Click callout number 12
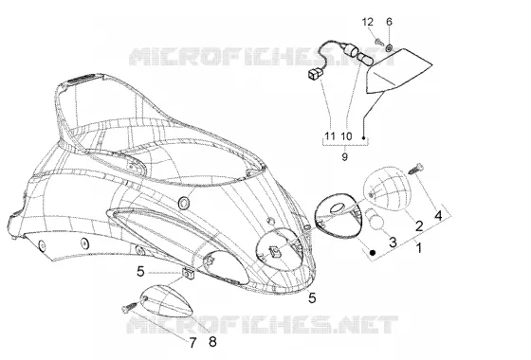pos(368,22)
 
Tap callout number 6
pos(389,22)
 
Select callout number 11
pos(330,136)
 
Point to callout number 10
pos(346,136)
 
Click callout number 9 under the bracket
pos(344,156)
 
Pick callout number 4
pos(438,215)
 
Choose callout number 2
pos(419,225)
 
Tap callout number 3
pos(393,243)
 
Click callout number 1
pos(419,248)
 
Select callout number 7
pos(192,343)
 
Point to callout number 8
pos(212,342)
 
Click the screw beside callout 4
pos(416,169)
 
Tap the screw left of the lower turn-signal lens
pos(129,308)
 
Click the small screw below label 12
pos(379,43)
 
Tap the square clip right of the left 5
pos(188,273)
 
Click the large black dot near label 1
pos(373,252)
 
